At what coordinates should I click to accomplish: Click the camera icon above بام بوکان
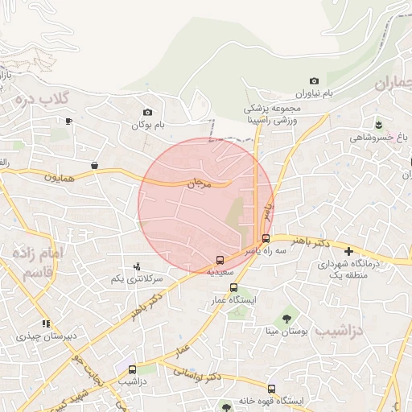pos(147,113)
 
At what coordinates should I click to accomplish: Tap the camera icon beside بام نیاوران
pos(314,81)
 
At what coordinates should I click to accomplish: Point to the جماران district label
pos(396,81)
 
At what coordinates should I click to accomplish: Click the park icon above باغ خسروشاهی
pos(378,124)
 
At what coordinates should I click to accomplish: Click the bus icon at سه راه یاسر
pos(266,238)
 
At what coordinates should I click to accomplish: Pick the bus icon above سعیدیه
pos(220,260)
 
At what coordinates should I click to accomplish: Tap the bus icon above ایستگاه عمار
pos(233,287)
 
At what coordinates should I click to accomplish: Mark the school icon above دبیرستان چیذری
pos(45,323)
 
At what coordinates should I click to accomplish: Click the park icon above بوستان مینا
pos(286,318)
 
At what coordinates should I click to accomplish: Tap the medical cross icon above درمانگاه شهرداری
pos(348,252)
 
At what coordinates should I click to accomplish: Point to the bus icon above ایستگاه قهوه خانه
pos(271,389)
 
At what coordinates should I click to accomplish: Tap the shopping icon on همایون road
pos(95,166)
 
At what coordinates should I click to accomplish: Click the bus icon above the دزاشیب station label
pos(131,369)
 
